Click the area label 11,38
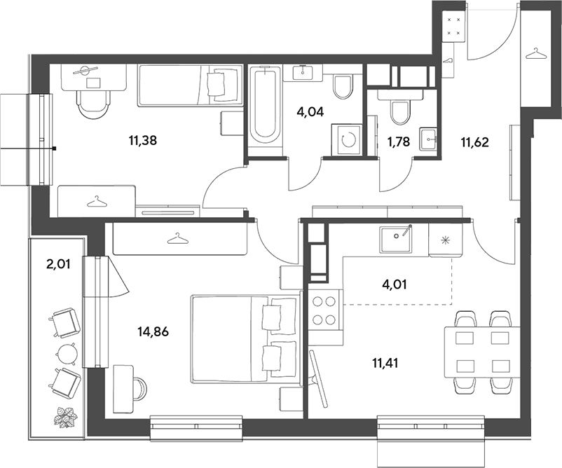pyautogui.click(x=143, y=141)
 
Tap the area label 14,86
pyautogui.click(x=153, y=332)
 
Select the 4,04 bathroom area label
pyautogui.click(x=310, y=112)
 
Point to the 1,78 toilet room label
pyautogui.click(x=398, y=142)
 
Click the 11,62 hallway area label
pyautogui.click(x=474, y=143)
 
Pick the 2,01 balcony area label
pyautogui.click(x=57, y=264)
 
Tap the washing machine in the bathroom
pyautogui.click(x=347, y=139)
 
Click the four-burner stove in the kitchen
pyautogui.click(x=324, y=310)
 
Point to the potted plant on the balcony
pyautogui.click(x=67, y=417)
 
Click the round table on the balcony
pyautogui.click(x=67, y=354)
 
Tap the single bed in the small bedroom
pyautogui.click(x=191, y=85)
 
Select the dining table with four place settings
pyautogui.click(x=481, y=352)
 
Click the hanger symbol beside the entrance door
pyautogui.click(x=536, y=54)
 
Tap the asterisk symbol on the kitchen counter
pyautogui.click(x=445, y=240)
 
